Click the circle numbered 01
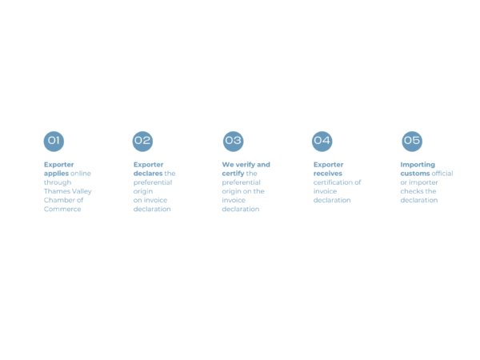click(54, 141)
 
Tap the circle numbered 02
click(142, 141)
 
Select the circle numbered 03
click(234, 141)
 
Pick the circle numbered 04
click(322, 141)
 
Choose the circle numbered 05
click(412, 141)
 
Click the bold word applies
click(56, 174)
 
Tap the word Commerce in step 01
click(62, 209)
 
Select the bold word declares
click(148, 174)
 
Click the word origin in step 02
click(143, 192)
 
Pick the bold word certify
click(233, 174)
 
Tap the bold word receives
click(328, 174)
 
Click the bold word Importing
click(418, 165)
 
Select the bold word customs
click(415, 174)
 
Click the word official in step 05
click(442, 174)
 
